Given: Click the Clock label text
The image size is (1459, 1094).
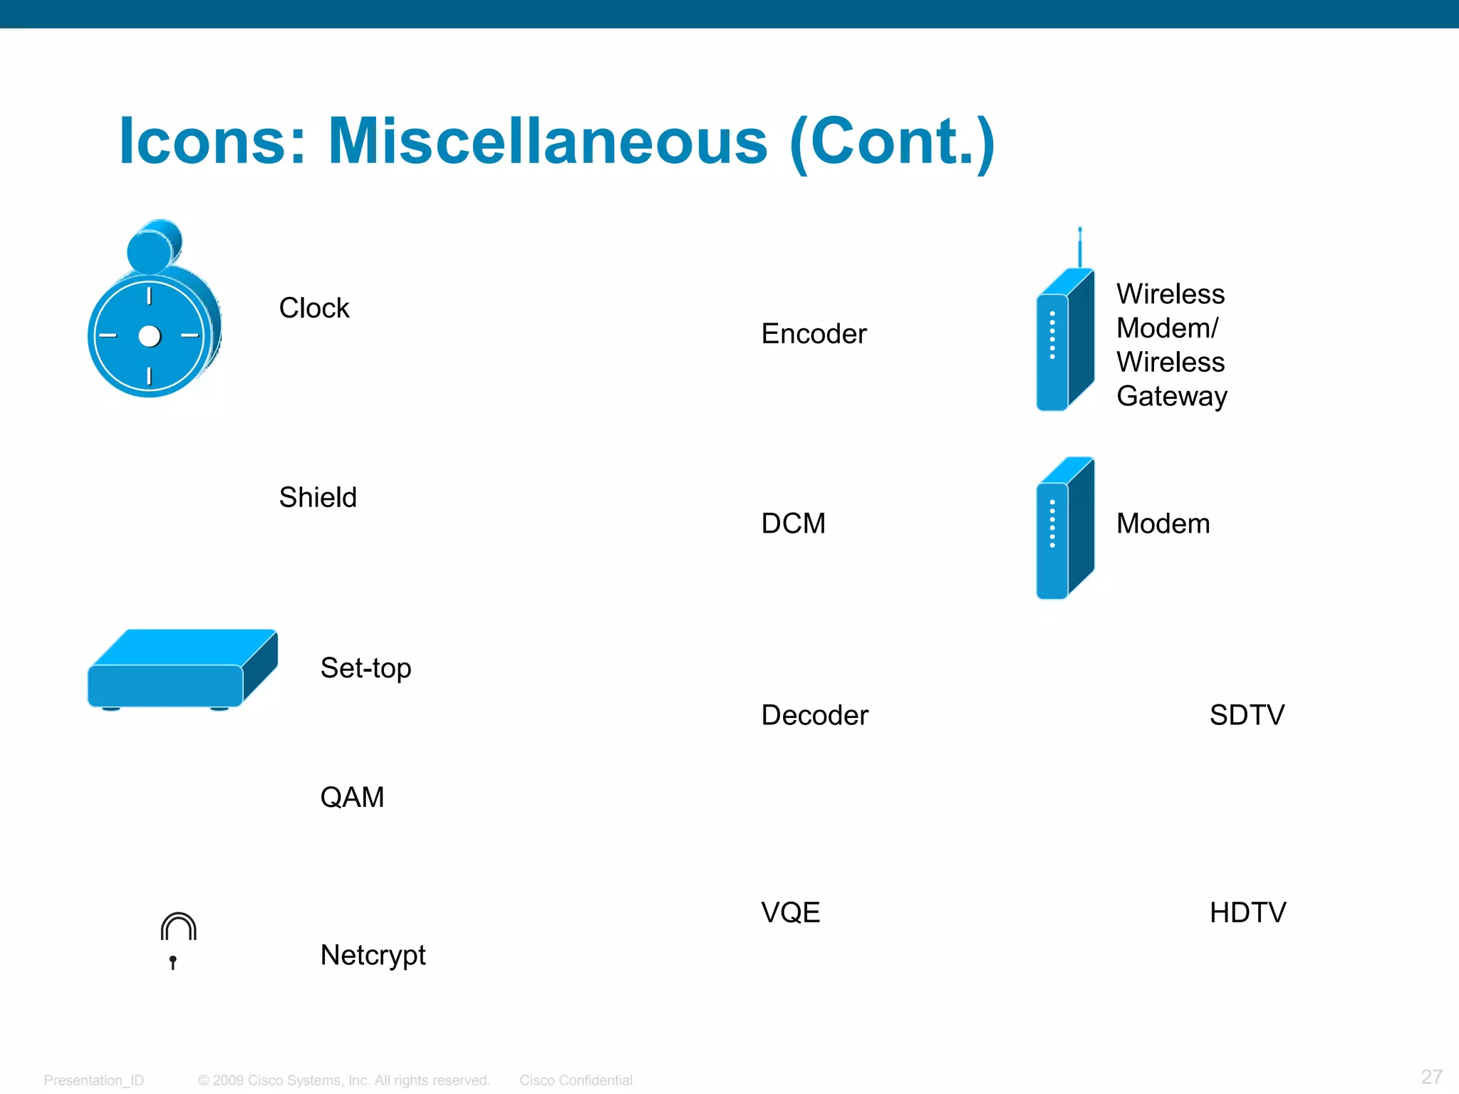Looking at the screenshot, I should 313,308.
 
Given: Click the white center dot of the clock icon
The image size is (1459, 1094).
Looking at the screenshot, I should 150,336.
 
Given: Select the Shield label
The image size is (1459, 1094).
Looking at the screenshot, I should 318,497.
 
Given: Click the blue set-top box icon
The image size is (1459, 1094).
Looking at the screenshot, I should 182,670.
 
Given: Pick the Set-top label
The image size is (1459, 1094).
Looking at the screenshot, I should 365,668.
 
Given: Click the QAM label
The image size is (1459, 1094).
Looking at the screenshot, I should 352,797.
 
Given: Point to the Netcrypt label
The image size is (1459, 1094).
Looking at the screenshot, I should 373,955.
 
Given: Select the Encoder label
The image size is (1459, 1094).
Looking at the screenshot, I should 814,334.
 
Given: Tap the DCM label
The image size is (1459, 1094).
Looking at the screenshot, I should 793,523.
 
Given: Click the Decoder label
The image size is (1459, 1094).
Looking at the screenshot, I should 814,715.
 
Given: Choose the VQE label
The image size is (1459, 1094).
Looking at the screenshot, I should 790,912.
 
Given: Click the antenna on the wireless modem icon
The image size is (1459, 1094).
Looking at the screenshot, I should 1080,246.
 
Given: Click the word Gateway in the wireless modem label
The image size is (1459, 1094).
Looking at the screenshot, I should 1171,396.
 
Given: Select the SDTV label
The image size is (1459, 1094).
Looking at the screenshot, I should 1247,715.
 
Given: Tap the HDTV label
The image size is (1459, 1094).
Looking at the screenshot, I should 1247,912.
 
